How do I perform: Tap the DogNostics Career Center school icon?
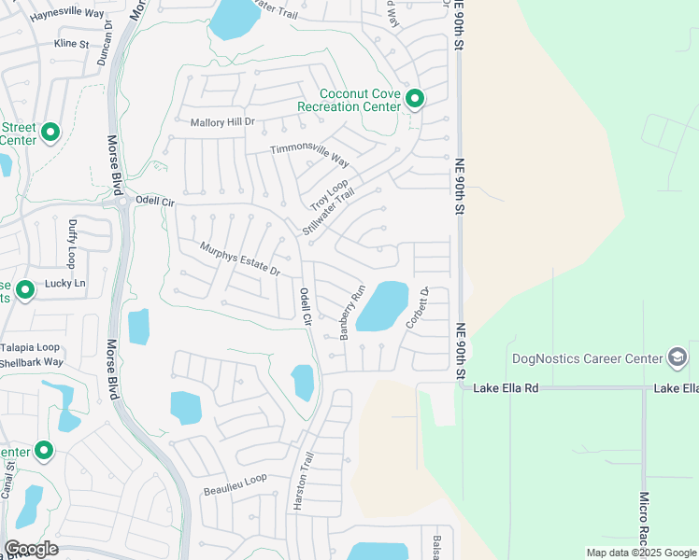click(677, 357)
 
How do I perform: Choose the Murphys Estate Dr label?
click(240, 259)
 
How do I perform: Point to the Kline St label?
click(71, 43)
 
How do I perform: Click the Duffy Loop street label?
click(72, 244)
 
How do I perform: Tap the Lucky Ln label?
click(65, 283)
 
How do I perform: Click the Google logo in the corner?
click(31, 549)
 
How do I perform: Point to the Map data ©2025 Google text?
click(640, 553)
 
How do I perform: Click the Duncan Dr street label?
click(103, 43)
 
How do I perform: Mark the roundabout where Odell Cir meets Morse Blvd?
click(121, 201)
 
